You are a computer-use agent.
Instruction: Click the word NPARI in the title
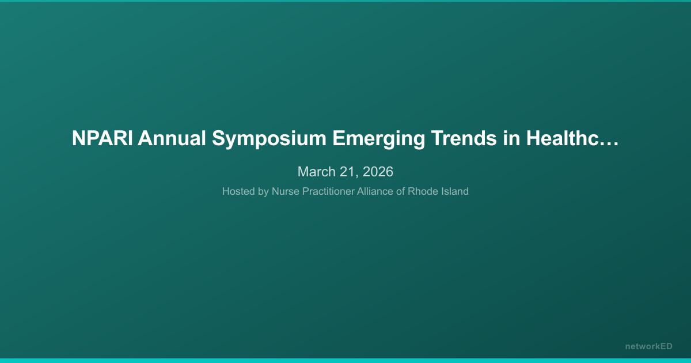point(102,139)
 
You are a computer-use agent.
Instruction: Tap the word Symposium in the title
point(269,139)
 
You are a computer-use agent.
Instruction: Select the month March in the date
point(316,172)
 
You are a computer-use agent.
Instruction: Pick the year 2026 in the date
point(378,172)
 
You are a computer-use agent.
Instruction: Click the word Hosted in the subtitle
point(238,191)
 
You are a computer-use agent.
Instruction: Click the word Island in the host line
point(455,191)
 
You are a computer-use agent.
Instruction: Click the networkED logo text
point(648,346)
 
